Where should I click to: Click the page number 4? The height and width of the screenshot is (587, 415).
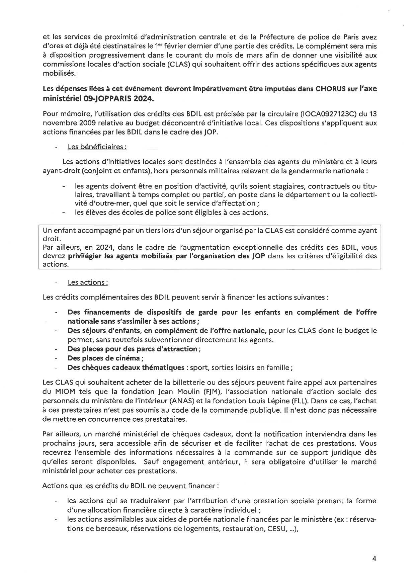374,559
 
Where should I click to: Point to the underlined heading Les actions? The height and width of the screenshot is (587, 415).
88,282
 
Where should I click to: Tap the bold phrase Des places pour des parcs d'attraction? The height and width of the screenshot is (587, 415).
133,349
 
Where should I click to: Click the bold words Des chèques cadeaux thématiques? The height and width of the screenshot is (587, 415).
126,367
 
